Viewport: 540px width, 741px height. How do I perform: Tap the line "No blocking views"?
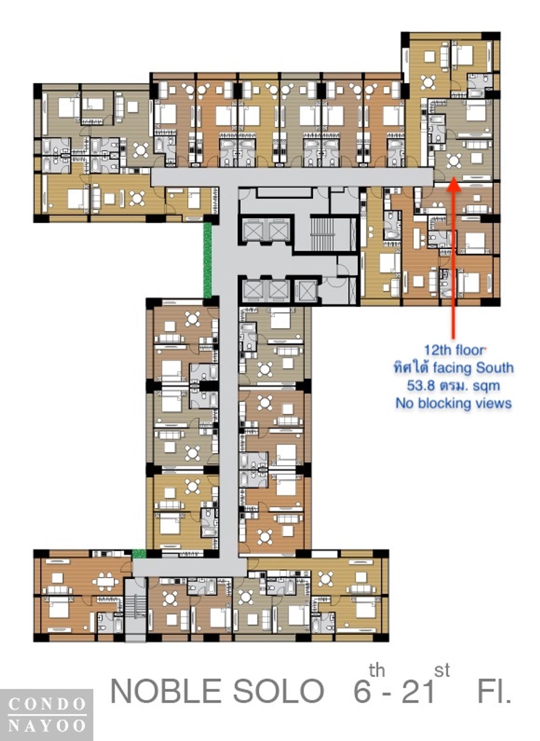click(x=454, y=403)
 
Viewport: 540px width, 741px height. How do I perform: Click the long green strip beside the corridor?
click(x=207, y=260)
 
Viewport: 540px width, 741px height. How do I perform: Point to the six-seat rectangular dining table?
click(x=105, y=582)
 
